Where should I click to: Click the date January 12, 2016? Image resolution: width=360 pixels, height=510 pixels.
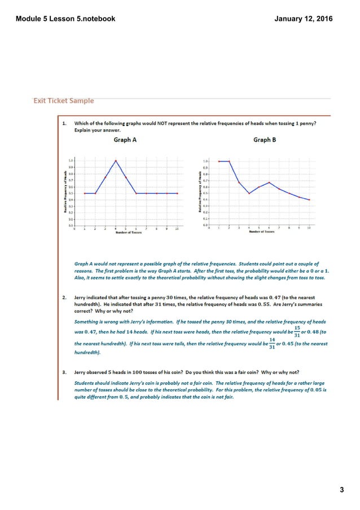tap(303, 19)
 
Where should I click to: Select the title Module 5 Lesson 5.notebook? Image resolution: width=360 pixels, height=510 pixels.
tap(65, 19)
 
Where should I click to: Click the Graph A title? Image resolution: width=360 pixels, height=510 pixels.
tap(125, 140)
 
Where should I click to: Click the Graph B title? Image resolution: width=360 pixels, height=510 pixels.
tap(265, 140)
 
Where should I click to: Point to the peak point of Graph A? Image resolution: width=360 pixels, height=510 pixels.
tap(116, 161)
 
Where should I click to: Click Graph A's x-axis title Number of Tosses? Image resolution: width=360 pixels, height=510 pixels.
tap(129, 232)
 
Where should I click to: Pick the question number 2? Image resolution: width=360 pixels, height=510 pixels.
tap(64, 297)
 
